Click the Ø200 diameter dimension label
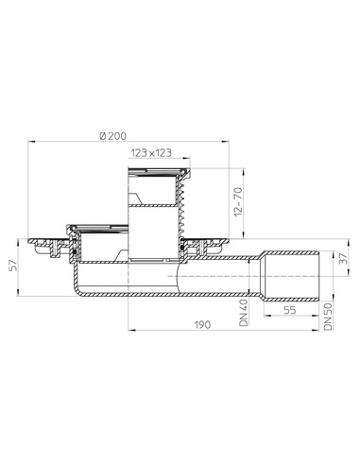(112, 136)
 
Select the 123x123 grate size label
(151, 153)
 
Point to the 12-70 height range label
(238, 201)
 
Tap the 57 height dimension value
(13, 266)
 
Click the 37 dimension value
(344, 258)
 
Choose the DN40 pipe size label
(244, 313)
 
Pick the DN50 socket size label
(328, 317)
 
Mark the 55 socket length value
(289, 310)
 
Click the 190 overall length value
(202, 324)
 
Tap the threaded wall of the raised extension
(180, 208)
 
